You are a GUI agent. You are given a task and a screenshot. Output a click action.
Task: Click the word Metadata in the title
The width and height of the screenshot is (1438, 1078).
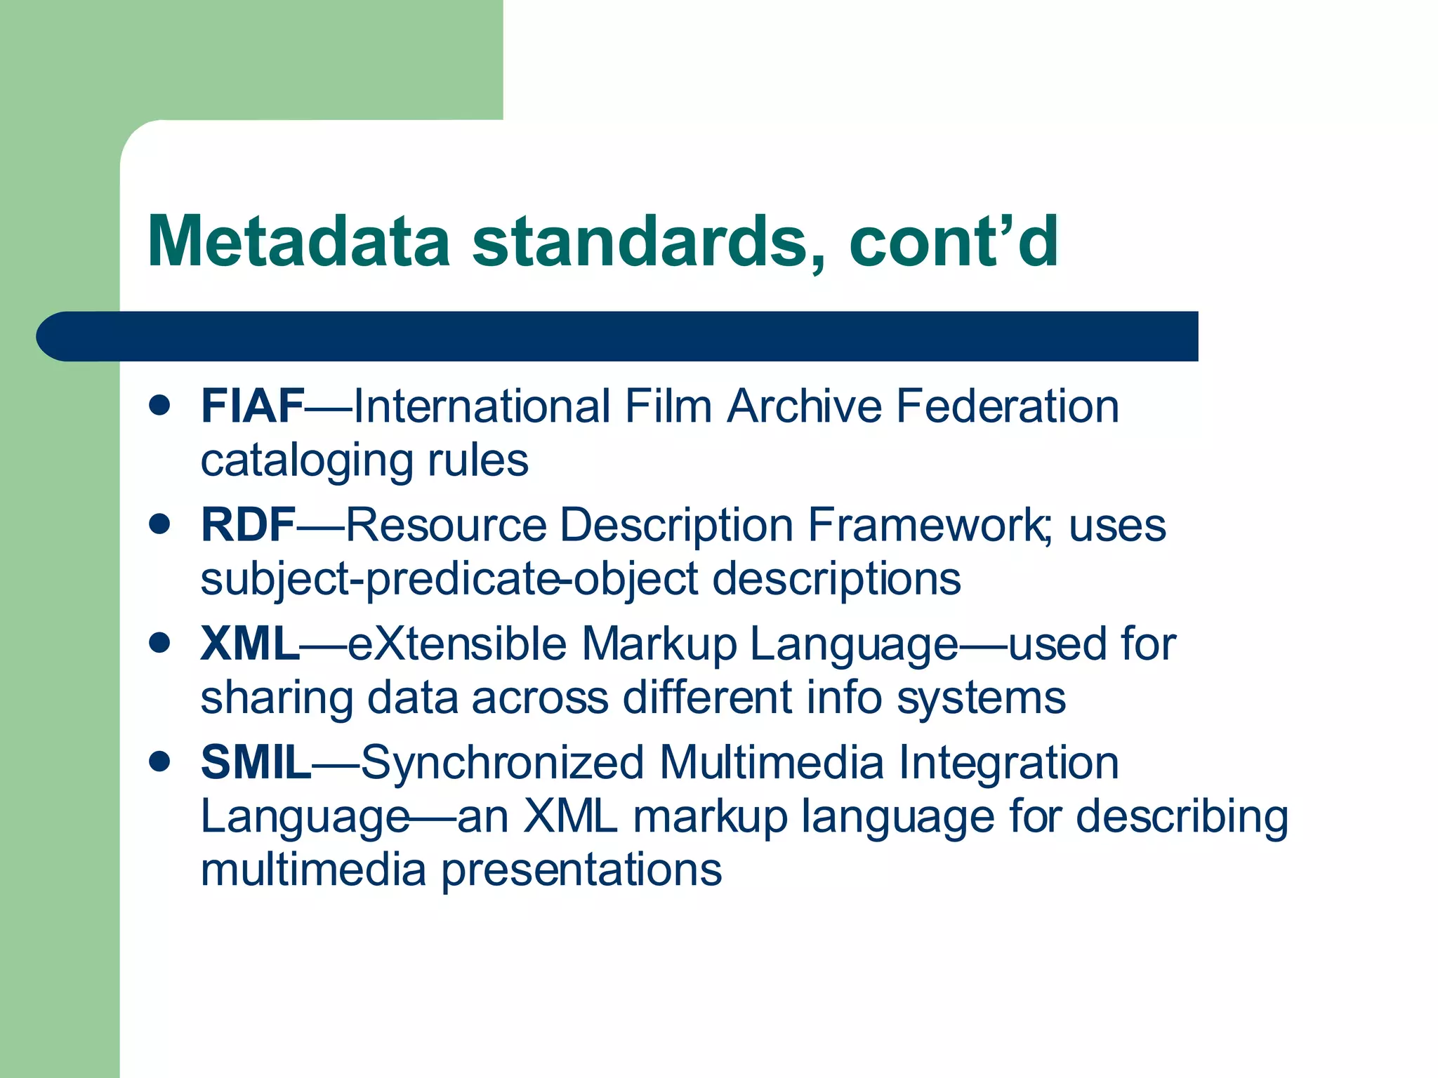pos(298,241)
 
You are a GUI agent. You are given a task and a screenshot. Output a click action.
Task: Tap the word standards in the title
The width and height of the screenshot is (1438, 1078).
pos(640,241)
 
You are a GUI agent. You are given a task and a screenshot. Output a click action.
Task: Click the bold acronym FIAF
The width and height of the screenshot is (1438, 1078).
pos(252,406)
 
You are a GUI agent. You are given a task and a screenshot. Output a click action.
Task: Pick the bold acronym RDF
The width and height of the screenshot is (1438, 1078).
pos(248,525)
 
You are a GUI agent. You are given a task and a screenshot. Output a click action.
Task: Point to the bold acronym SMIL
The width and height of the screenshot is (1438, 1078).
pos(256,763)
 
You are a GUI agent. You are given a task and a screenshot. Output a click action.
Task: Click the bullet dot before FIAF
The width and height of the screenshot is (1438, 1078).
pos(160,405)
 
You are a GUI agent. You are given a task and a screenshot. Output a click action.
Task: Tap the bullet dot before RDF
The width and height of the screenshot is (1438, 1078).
pos(160,524)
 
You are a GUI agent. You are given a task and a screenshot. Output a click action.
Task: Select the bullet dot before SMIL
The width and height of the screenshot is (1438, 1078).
pos(160,761)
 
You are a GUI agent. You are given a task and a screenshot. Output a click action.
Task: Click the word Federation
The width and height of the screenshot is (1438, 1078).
pos(1007,406)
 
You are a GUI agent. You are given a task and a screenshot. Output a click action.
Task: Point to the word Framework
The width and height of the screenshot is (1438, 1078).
pos(925,525)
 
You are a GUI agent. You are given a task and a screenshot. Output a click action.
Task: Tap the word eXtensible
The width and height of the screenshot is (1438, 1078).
pos(457,644)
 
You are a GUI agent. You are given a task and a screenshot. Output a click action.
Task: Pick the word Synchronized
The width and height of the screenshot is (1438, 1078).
pos(503,763)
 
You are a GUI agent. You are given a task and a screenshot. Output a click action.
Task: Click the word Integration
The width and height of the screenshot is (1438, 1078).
pos(1008,763)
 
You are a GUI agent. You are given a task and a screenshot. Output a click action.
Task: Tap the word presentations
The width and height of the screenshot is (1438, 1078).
pos(581,871)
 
